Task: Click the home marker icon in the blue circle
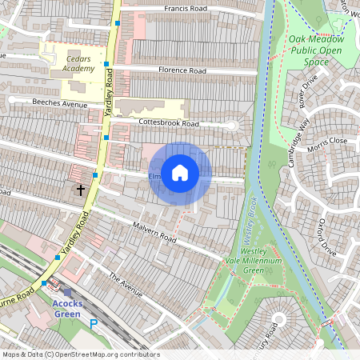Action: point(180,173)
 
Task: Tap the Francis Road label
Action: point(186,9)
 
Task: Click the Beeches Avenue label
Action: point(59,104)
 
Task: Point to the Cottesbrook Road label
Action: point(168,124)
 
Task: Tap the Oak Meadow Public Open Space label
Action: point(316,49)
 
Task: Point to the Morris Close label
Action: point(327,141)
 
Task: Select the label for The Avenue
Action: point(125,284)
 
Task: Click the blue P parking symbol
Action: point(94,325)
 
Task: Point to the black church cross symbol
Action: point(79,190)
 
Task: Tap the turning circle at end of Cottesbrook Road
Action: point(233,126)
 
